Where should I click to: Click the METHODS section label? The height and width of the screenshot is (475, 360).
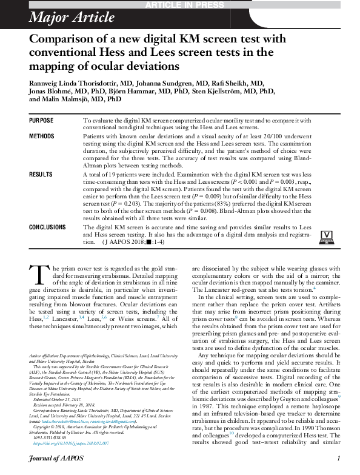click(x=42, y=136)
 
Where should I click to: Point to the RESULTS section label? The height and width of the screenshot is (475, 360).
click(x=41, y=174)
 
